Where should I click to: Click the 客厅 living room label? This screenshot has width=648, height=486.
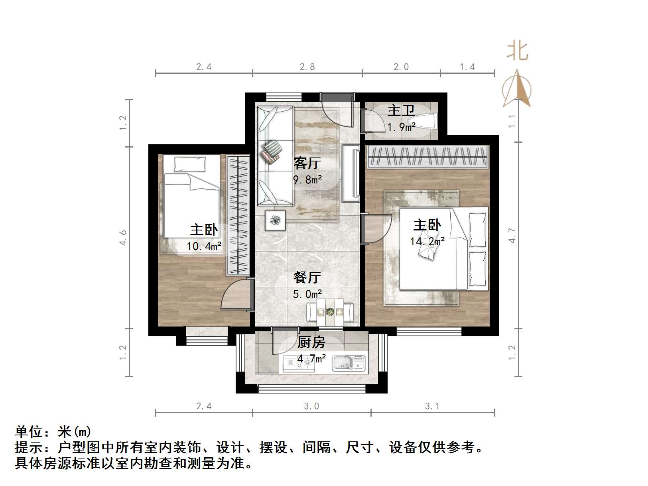(307, 163)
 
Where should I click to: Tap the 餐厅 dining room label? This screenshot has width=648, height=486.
(307, 277)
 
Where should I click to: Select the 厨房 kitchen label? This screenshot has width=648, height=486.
(311, 342)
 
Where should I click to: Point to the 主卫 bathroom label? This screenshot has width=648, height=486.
(401, 110)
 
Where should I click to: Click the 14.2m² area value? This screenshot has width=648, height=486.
(427, 241)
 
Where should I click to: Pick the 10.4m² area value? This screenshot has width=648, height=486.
(204, 246)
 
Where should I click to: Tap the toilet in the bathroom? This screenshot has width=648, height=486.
(428, 121)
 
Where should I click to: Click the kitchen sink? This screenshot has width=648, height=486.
(349, 363)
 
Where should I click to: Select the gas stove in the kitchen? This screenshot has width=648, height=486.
(298, 363)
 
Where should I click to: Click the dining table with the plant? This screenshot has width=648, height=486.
(330, 312)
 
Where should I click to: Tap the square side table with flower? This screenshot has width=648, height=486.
(276, 220)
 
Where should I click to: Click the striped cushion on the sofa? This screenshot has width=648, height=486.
(272, 152)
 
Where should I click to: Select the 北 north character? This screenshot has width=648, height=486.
(518, 51)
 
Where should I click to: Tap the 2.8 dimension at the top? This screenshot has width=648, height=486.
(307, 67)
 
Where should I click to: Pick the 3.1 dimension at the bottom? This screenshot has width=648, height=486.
(432, 406)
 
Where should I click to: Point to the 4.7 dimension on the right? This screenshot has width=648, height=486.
(512, 235)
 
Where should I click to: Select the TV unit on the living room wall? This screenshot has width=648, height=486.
(351, 173)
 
